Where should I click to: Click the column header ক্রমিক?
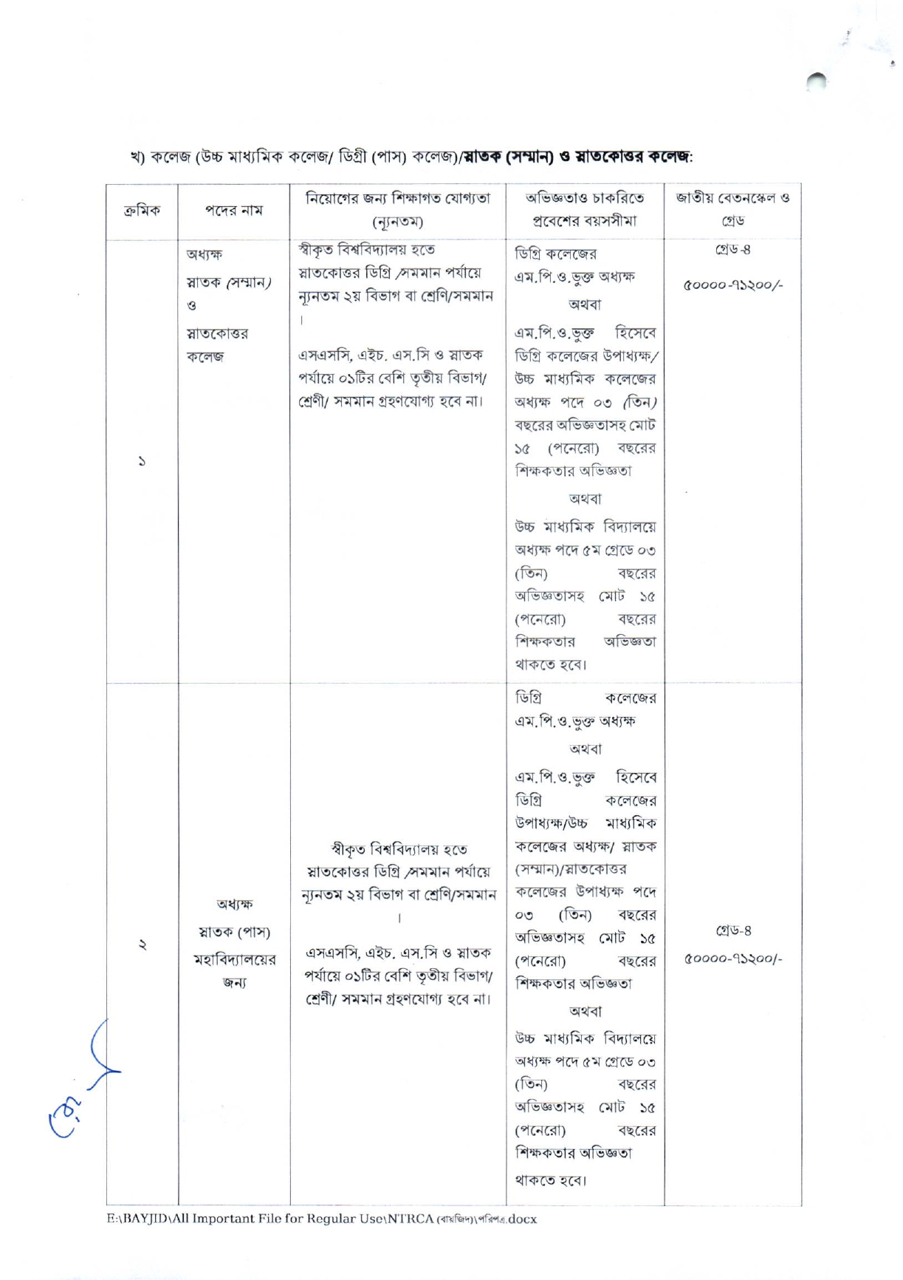(142, 211)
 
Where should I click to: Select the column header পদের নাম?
(233, 211)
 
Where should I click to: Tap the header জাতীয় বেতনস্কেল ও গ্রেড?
(732, 209)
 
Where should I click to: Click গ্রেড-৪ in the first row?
(732, 251)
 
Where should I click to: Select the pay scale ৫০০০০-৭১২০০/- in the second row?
(733, 959)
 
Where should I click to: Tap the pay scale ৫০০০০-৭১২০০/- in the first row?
(733, 285)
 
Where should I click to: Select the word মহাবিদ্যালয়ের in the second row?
(234, 959)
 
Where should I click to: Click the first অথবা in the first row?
(585, 304)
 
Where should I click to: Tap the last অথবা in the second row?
(585, 1011)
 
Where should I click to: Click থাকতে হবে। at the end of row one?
(551, 664)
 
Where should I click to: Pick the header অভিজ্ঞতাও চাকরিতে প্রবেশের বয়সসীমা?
(585, 209)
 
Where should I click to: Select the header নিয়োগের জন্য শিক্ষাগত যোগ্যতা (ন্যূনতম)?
(398, 209)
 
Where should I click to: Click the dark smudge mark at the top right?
(817, 80)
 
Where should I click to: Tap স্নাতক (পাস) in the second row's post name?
(233, 932)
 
